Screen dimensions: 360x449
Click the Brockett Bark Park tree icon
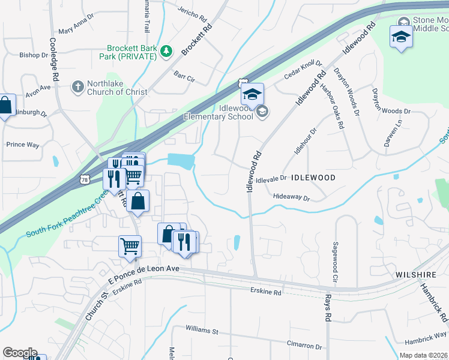(166, 53)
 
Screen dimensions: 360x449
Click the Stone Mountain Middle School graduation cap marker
(401, 36)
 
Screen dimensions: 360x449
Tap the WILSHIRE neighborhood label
(415, 274)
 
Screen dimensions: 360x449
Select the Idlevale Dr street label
(272, 179)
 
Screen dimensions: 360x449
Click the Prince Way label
(22, 145)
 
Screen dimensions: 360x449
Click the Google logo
(20, 353)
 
